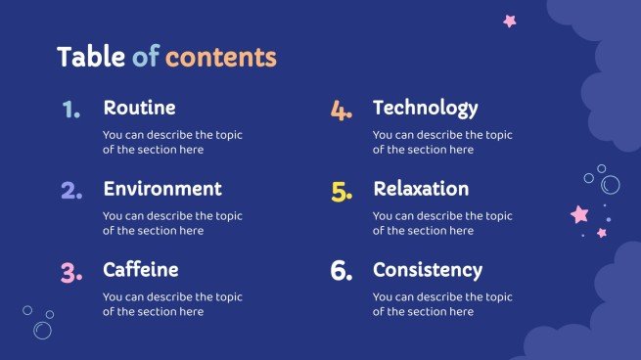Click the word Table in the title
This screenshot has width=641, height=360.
91,57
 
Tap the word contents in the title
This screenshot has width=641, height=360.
220,57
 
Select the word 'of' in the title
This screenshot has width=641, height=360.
145,57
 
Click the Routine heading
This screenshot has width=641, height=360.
139,108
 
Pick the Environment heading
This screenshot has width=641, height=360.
162,189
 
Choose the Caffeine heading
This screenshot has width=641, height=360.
141,269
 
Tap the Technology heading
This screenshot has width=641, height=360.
426,108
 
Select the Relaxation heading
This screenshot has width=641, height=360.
421,189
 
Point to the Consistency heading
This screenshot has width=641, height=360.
428,269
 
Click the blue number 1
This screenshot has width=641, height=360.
70,111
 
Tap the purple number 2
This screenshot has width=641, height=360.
71,191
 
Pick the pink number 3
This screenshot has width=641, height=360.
71,272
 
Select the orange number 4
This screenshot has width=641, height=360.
341,111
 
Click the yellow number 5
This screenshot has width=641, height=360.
342,192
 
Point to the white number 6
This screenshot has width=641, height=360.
342,272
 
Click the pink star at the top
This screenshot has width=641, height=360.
509,21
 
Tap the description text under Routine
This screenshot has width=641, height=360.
172,143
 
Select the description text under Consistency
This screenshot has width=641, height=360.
442,304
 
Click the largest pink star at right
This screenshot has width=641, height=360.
579,213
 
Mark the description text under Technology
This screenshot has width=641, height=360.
442,143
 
